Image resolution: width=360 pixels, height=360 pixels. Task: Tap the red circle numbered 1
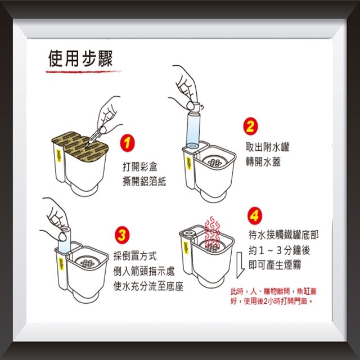(x=129, y=144)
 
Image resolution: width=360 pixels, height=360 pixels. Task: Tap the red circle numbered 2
(x=250, y=126)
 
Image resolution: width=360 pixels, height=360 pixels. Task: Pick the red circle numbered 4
(x=255, y=216)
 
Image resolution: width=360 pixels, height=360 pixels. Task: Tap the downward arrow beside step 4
(x=238, y=265)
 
